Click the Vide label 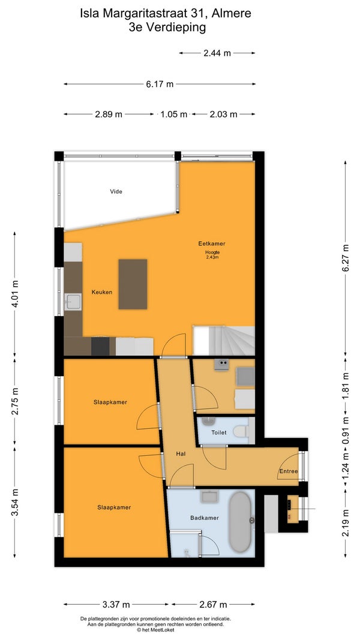click(x=116, y=191)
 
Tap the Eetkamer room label click(x=212, y=244)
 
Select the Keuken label click(x=102, y=292)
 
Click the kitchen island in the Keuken click(x=133, y=284)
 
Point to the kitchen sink click(x=73, y=302)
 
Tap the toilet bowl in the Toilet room click(x=241, y=431)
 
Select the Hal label click(x=181, y=453)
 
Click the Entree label click(x=289, y=471)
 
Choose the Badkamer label click(x=205, y=518)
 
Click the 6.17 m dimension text click(x=160, y=84)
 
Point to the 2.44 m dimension click(x=217, y=53)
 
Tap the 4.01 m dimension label click(x=15, y=293)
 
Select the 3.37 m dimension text click(x=116, y=605)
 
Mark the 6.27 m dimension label click(x=346, y=258)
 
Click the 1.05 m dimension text click(x=174, y=115)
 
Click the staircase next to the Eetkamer click(x=224, y=341)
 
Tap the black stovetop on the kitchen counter click(x=100, y=346)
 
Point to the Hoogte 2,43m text click(x=212, y=255)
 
